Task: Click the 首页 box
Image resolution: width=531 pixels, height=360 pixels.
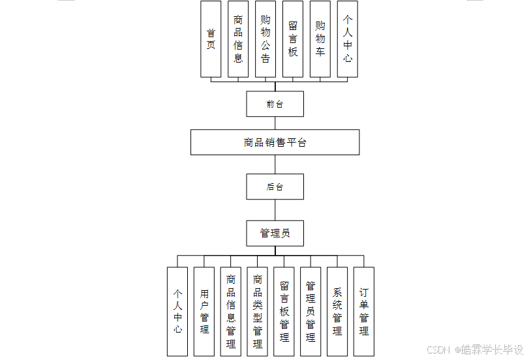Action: [211, 39]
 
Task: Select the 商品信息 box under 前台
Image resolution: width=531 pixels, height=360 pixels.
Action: [238, 39]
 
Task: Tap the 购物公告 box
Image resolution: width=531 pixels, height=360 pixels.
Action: [265, 39]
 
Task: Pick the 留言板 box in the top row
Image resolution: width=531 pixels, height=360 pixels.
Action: [293, 39]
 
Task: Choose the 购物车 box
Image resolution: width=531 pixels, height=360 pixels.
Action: [320, 39]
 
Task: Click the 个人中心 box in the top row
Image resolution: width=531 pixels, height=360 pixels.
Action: [348, 39]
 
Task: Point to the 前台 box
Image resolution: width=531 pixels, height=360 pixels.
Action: [275, 104]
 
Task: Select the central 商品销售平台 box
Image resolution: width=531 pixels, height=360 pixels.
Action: [275, 142]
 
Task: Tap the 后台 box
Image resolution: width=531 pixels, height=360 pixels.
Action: [275, 187]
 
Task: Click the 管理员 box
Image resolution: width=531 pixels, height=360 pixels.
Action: [275, 233]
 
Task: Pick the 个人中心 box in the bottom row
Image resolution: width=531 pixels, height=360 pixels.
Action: [177, 311]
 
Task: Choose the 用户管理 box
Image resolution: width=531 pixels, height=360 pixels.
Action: [204, 311]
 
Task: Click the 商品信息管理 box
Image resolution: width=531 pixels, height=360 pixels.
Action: [231, 311]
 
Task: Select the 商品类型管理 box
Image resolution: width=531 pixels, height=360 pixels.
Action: [258, 311]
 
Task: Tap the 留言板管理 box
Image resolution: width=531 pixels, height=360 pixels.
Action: [284, 311]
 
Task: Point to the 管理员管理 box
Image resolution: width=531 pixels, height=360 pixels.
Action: [311, 311]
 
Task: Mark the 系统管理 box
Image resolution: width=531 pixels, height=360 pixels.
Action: [337, 311]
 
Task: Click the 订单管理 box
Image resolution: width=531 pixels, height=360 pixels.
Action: [364, 311]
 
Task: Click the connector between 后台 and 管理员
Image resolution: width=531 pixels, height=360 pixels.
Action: [275, 210]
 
